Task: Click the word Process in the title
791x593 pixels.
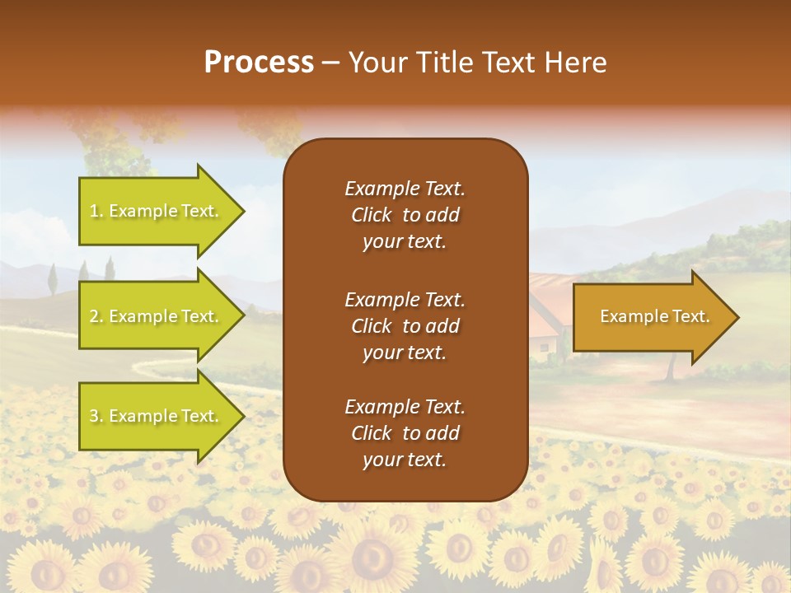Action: [259, 63]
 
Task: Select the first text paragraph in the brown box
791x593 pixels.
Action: [405, 215]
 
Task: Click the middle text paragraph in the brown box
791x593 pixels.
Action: [405, 325]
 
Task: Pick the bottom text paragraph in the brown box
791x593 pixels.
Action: [405, 433]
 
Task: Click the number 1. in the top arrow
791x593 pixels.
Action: [96, 211]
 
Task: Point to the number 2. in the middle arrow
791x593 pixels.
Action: [96, 316]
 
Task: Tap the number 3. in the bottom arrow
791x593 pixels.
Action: [96, 416]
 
